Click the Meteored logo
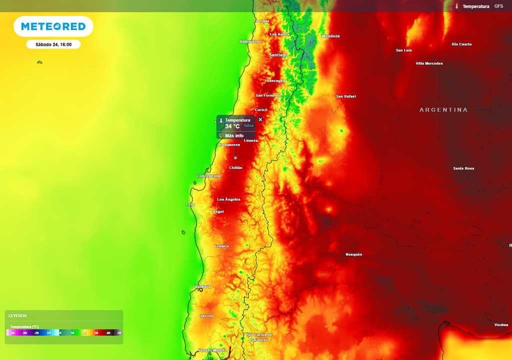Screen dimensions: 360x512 [x=53, y=26]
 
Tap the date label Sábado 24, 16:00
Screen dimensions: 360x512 [x=53, y=44]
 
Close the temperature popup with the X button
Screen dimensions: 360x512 [x=260, y=119]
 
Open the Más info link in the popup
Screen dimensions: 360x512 [x=234, y=135]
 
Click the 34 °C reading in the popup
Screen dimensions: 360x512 [x=232, y=126]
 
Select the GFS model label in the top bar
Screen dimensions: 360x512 [x=498, y=6]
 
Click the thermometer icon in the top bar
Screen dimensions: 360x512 [x=456, y=6]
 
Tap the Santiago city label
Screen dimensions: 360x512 [x=278, y=54]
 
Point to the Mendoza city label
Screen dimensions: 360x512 [x=330, y=36]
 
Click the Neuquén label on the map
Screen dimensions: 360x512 [x=353, y=254]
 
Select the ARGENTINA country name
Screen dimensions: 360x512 [x=443, y=109]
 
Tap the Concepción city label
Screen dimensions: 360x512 [x=208, y=176]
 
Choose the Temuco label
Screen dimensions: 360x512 [x=221, y=246]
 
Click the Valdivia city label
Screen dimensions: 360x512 [x=202, y=286]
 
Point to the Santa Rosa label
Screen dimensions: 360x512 [x=463, y=168]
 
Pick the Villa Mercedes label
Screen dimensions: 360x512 [x=429, y=63]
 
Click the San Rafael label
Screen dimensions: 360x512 [x=345, y=96]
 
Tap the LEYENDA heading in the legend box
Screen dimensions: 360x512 [x=17, y=315]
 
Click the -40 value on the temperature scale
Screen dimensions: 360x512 [x=12, y=332]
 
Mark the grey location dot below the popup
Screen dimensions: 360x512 [x=235, y=158]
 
